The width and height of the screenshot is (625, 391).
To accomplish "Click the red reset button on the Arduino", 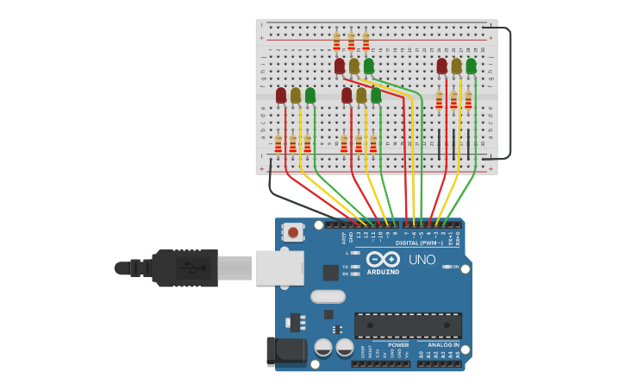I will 294,231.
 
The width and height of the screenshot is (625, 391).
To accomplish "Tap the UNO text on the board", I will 422,260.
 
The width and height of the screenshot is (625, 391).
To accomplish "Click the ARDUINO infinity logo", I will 383,259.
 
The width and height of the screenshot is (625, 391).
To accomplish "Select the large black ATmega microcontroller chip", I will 408,325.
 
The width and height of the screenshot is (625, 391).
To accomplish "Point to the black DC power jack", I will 286,350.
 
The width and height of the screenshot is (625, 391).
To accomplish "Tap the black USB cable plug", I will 184,268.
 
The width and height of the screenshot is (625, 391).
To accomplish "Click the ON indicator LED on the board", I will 447,267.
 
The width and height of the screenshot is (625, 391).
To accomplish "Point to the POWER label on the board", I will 398,344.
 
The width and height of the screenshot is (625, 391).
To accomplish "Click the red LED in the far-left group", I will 281,95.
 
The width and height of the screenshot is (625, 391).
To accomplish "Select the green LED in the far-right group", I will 471,66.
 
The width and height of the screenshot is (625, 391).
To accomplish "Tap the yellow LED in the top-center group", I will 354,66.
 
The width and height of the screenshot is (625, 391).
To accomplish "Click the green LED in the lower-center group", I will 376,95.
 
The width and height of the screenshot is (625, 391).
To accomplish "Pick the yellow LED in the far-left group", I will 296,95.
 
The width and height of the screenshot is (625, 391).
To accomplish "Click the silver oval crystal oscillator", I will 328,296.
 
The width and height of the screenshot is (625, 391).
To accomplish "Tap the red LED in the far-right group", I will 441,66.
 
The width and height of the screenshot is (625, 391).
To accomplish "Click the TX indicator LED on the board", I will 355,267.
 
